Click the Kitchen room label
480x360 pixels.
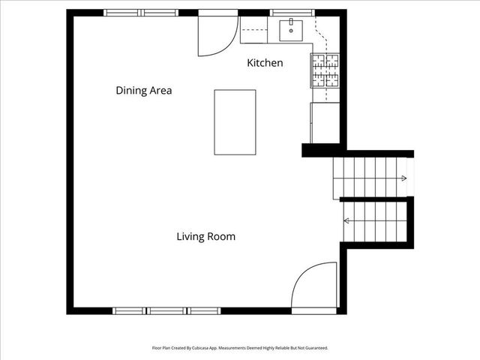coord(265,63)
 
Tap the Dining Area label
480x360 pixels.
coord(144,91)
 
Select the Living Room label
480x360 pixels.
coord(206,237)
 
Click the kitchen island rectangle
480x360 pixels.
coord(235,122)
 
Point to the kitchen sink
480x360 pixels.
coord(291,31)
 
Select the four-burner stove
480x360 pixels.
coord(325,70)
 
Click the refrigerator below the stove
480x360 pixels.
coord(325,122)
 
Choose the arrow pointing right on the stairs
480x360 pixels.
coord(403,178)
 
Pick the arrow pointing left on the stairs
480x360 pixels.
coord(346,221)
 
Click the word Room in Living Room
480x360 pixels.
coord(222,237)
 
